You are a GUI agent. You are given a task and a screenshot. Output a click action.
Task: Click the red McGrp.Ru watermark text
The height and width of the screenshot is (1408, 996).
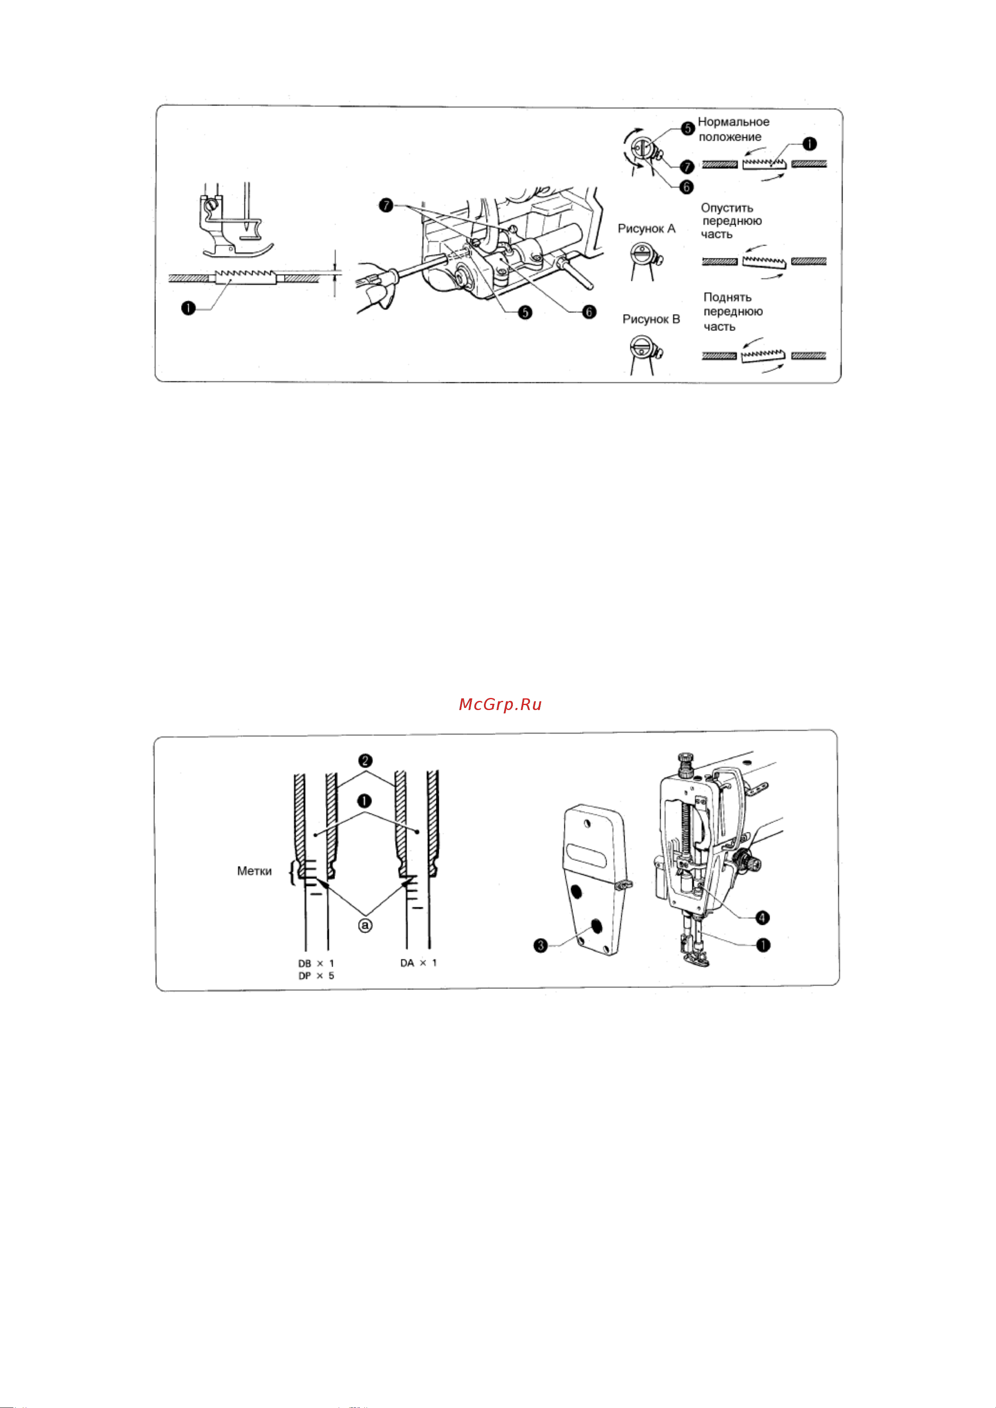[x=500, y=705]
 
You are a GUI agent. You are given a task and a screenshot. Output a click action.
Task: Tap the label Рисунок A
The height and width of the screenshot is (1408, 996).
[x=646, y=229]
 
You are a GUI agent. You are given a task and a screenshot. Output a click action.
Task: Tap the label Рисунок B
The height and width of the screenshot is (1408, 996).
[x=651, y=319]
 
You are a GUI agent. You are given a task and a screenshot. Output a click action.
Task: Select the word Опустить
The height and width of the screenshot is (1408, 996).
[x=727, y=208]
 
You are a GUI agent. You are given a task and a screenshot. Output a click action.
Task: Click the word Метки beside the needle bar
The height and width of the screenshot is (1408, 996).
[x=254, y=871]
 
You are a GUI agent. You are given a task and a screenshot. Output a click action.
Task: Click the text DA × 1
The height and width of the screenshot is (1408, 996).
[x=419, y=963]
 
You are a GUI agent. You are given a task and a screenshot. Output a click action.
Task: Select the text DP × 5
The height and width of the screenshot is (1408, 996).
[x=316, y=976]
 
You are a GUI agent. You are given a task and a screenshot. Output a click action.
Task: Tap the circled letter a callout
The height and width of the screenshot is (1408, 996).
[x=365, y=925]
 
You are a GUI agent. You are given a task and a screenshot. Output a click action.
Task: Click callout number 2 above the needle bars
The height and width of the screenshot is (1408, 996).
[x=365, y=761]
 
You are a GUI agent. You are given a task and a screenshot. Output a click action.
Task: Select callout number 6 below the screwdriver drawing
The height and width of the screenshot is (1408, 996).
[x=589, y=312]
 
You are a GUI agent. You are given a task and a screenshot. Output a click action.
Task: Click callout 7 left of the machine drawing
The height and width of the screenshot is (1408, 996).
[x=385, y=206]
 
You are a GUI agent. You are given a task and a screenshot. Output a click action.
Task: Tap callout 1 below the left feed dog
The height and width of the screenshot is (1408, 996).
[x=188, y=308]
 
